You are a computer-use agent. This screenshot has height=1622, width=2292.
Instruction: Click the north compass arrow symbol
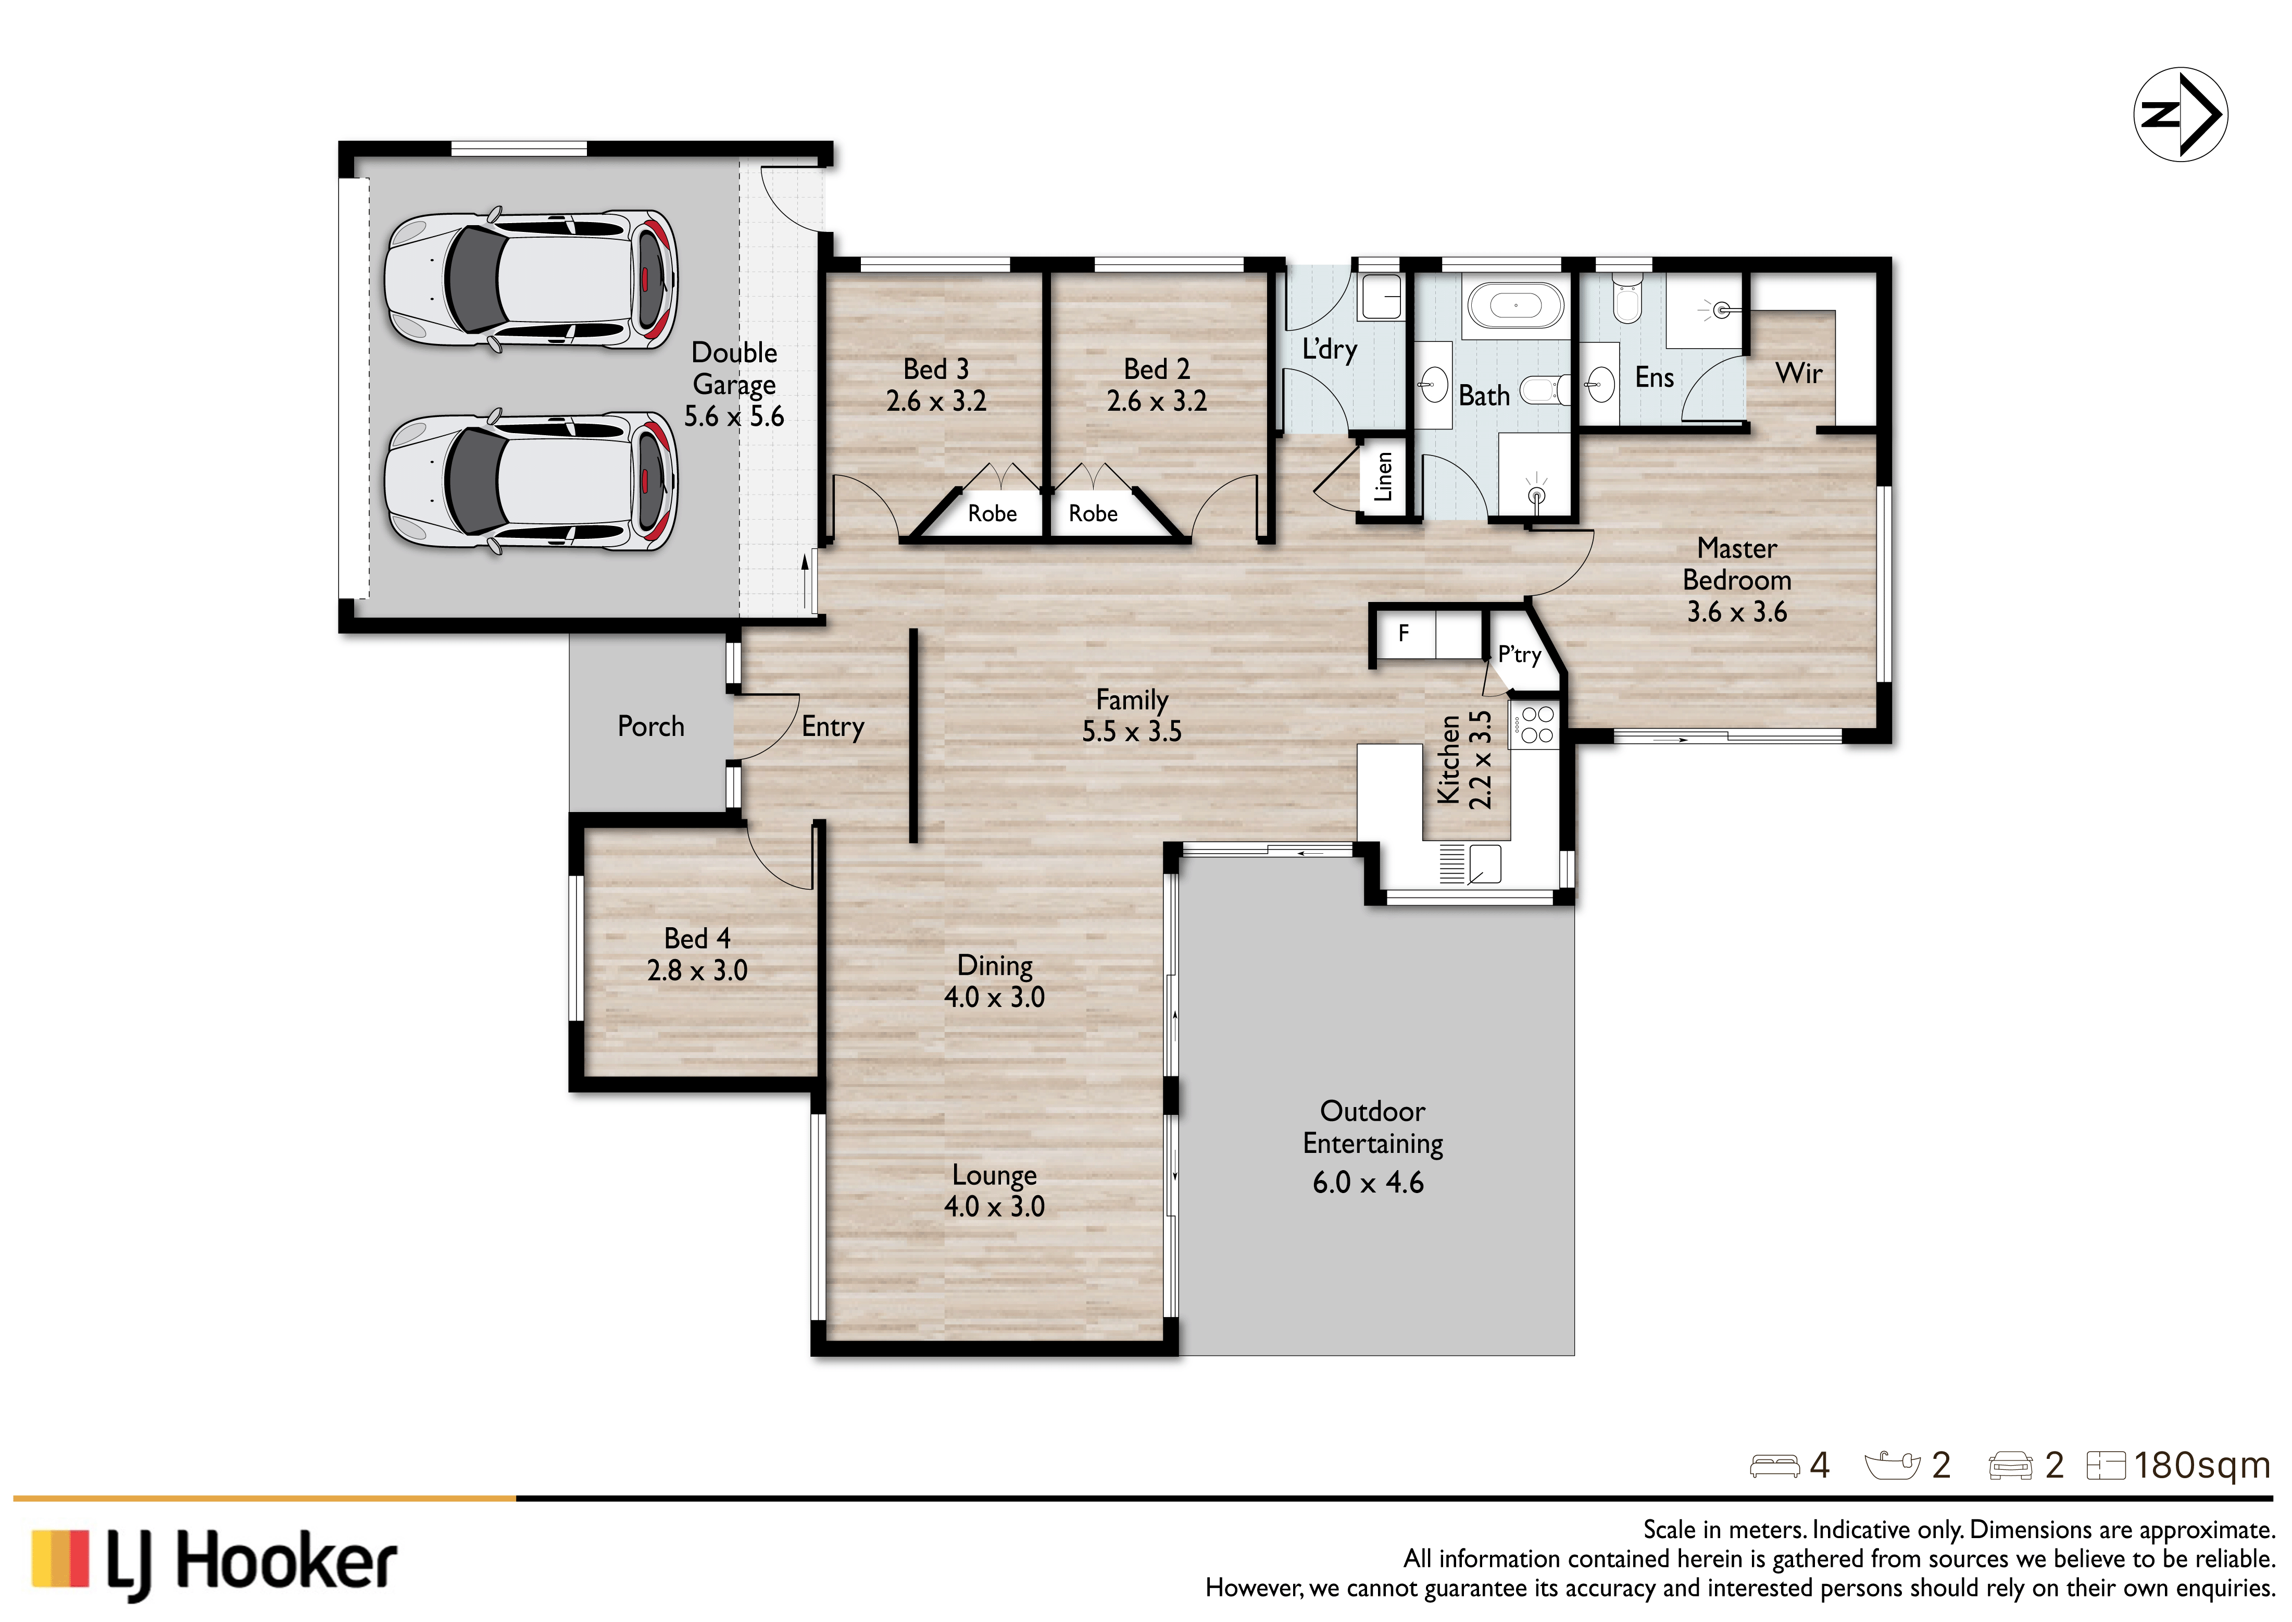click(2180, 114)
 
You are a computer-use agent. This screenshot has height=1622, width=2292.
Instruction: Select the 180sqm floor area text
click(2202, 1465)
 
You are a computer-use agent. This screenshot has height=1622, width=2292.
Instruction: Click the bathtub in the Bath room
click(1516, 304)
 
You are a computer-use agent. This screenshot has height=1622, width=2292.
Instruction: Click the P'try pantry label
click(1519, 655)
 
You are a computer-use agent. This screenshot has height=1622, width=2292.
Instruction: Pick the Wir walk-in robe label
click(1799, 374)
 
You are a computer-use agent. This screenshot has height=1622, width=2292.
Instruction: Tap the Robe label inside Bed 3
click(992, 513)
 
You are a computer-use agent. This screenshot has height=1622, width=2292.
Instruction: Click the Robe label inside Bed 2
click(1093, 513)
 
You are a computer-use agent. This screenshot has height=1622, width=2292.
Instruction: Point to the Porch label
click(651, 726)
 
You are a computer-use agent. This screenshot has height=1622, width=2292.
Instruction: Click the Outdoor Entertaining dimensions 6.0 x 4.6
click(1369, 1183)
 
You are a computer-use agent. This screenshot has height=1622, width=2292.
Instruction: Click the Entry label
click(833, 727)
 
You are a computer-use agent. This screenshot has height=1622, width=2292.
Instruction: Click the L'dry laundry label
click(1330, 350)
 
